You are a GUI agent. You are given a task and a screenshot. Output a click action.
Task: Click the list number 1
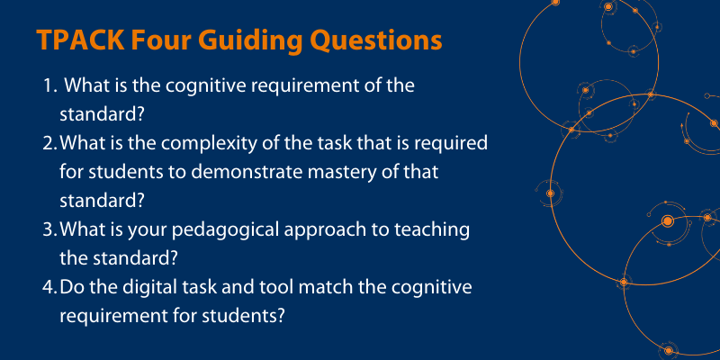[48, 86]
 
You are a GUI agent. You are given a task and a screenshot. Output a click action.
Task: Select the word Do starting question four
[71, 287]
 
